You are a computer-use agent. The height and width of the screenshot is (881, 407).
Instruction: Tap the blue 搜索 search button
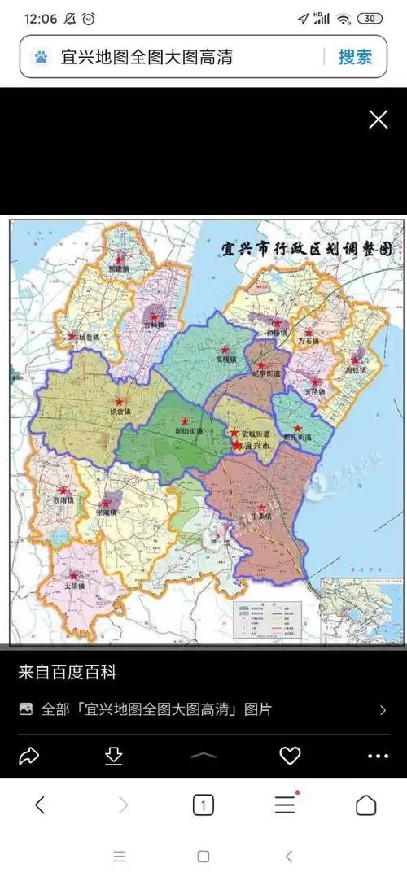(x=355, y=56)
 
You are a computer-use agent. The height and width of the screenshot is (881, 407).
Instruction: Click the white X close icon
(x=379, y=120)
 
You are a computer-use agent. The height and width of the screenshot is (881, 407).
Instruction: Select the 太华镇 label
(x=75, y=585)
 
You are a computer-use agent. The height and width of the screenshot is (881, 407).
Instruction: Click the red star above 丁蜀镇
(x=262, y=506)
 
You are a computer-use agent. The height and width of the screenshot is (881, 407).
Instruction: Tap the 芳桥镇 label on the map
(x=313, y=391)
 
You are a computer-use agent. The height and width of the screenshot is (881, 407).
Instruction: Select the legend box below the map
(x=269, y=621)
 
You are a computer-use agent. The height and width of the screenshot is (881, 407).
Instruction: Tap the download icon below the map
(x=114, y=757)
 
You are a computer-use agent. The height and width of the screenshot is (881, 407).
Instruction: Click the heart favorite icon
(x=290, y=757)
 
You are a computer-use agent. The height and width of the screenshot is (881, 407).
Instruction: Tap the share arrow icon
(x=29, y=757)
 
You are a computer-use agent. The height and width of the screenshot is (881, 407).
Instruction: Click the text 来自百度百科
(x=68, y=673)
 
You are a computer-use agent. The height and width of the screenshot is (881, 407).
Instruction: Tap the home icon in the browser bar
(x=365, y=805)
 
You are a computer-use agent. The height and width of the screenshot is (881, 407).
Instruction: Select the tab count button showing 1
(x=203, y=805)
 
